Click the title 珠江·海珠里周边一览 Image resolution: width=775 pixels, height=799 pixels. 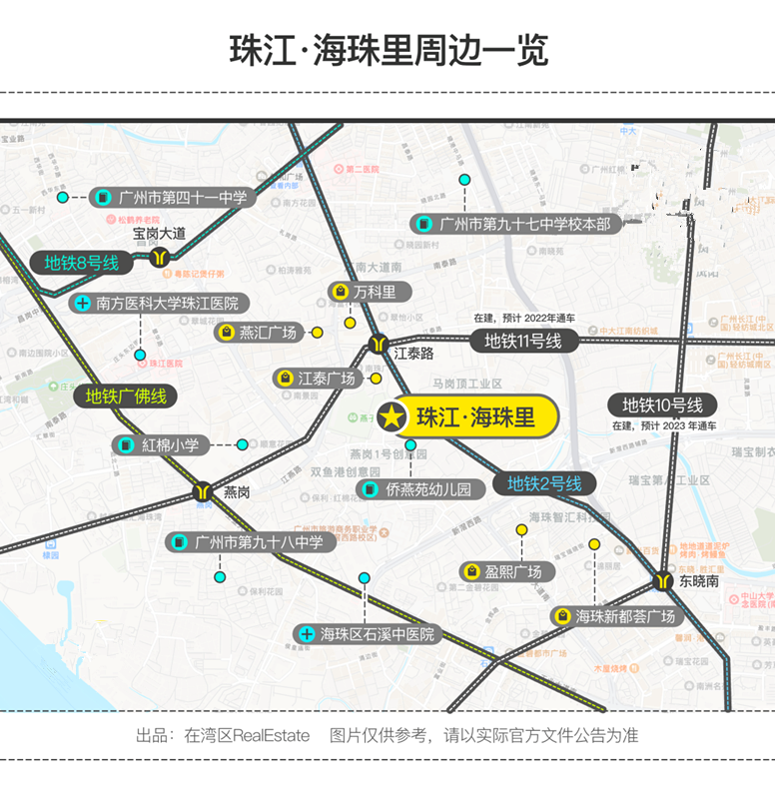[387, 50]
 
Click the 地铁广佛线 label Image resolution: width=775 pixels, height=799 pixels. [126, 396]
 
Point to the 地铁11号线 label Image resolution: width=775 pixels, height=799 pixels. [523, 341]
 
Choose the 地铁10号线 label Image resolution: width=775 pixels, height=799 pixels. [663, 404]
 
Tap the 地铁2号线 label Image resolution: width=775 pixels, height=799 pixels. [544, 484]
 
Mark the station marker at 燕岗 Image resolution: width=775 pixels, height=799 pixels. [204, 492]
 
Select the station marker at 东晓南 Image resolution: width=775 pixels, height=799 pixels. [663, 580]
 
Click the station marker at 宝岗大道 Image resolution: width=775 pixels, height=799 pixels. [160, 257]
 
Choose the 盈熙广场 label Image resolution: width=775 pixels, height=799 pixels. [503, 571]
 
